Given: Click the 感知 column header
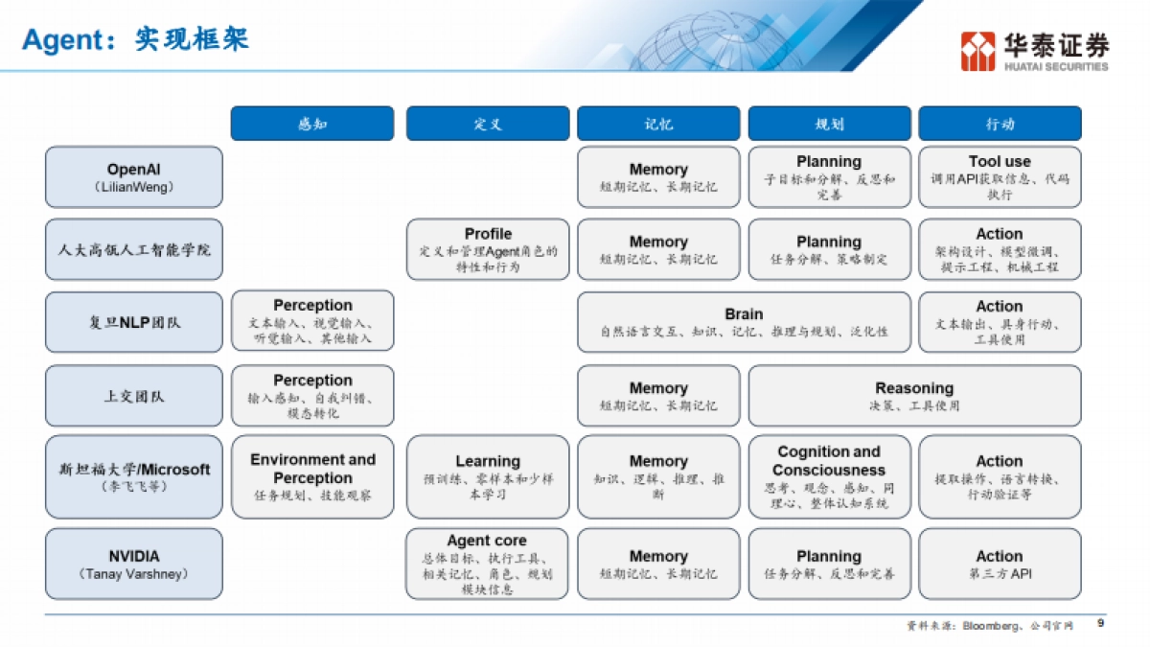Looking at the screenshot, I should coord(311,124).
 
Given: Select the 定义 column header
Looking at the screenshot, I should coord(487,124).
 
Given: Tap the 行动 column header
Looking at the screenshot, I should coord(1000,124).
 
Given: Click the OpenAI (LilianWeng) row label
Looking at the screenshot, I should coord(133,177).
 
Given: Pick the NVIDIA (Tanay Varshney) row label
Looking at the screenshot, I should coord(133,565).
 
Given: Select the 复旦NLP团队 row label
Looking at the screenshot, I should coord(133,323).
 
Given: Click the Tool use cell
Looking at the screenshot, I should coord(1000,177).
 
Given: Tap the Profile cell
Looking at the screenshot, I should coord(488,249).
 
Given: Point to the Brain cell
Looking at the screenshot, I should coord(744,322).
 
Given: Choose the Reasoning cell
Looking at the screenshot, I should coord(914,396).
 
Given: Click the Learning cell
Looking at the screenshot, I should coord(488,477).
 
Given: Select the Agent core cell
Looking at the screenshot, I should coord(488,565).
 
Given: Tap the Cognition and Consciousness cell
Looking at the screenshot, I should coord(829,477).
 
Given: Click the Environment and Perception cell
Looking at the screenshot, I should coord(312,477).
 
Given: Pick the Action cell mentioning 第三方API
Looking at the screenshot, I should coord(1000,565).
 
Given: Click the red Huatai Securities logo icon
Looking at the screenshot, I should coord(978,51).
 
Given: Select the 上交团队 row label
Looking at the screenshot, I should coord(133,396).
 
